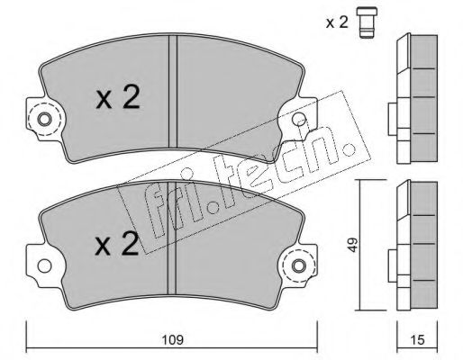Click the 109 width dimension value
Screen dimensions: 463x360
[173, 340]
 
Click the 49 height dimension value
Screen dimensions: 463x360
[353, 245]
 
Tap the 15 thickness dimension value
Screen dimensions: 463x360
[417, 340]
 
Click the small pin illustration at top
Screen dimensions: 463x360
[367, 22]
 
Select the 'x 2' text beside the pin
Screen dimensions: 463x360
[337, 22]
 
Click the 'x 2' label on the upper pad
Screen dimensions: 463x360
[118, 96]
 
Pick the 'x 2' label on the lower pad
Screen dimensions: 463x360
[117, 244]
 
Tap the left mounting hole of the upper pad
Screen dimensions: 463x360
[44, 120]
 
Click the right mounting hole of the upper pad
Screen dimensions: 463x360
[299, 120]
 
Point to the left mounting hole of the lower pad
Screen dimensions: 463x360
[44, 265]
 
